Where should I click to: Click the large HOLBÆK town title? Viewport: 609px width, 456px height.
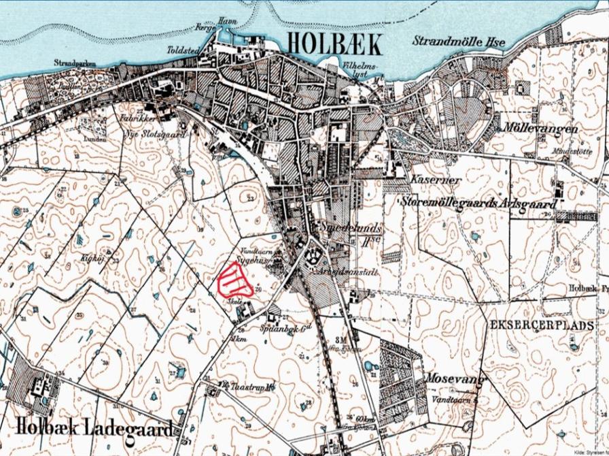pyautogui.click(x=334, y=43)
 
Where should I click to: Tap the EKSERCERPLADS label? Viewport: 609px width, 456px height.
pyautogui.click(x=541, y=326)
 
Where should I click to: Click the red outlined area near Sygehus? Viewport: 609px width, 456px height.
pyautogui.click(x=234, y=279)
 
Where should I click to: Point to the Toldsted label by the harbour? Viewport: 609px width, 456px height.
pyautogui.click(x=182, y=50)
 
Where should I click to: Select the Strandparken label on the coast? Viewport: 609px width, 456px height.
pyautogui.click(x=75, y=63)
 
